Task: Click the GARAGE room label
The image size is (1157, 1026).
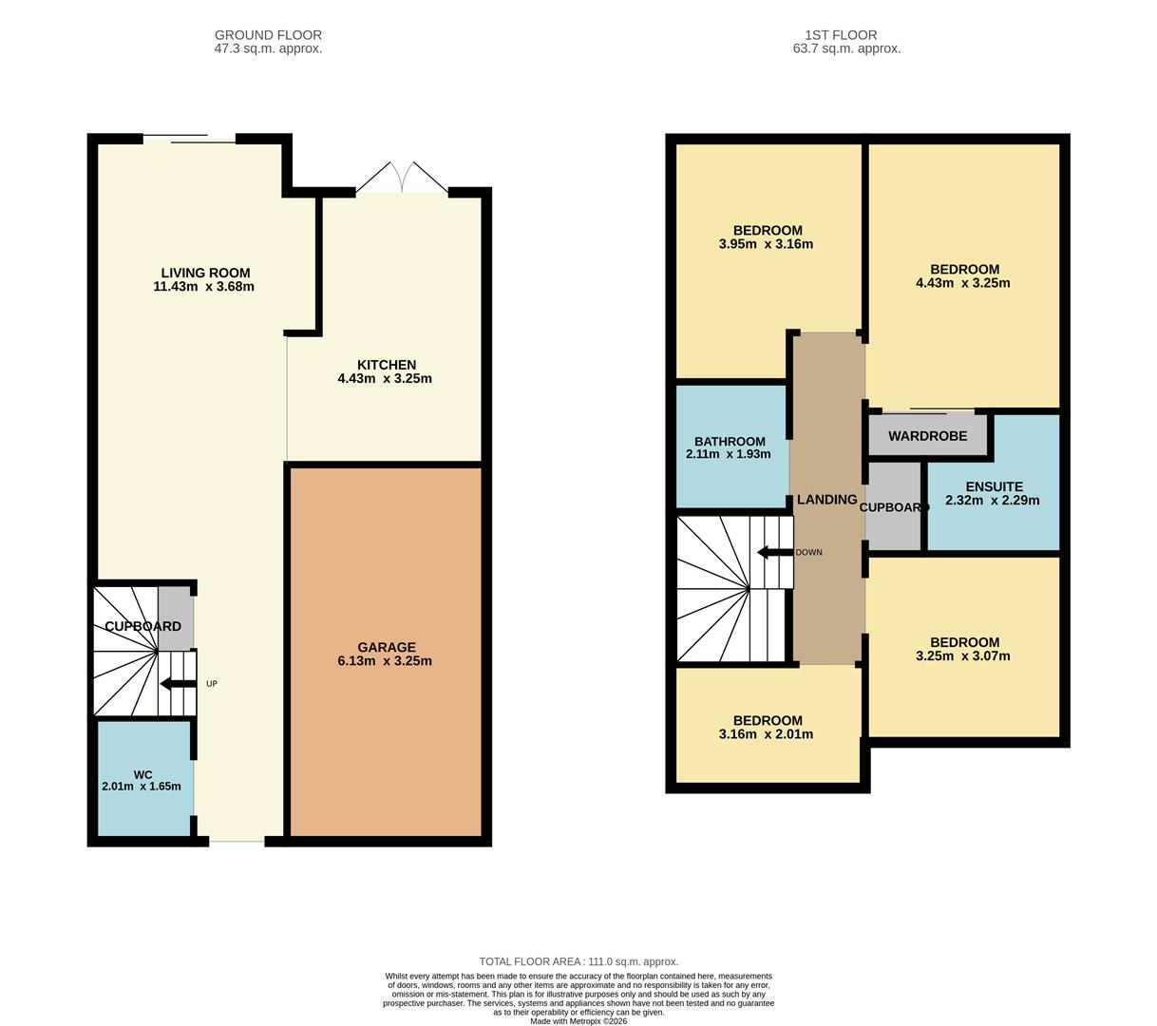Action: point(386,647)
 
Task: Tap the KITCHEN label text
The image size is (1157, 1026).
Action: point(386,365)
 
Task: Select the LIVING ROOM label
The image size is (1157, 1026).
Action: point(205,273)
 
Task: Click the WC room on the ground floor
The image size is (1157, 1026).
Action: point(142,779)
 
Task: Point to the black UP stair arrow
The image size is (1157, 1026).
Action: point(178,684)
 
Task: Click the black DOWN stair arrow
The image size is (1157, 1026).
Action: point(774,552)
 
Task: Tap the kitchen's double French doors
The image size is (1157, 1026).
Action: point(402,179)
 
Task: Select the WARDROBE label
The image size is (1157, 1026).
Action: point(927,436)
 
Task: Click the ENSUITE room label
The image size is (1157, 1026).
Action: point(994,486)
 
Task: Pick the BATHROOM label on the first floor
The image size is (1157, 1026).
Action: point(729,441)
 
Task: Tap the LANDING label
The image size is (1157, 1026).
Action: point(826,500)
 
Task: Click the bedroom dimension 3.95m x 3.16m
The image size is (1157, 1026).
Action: point(766,244)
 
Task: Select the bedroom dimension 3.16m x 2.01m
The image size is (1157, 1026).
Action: point(766,734)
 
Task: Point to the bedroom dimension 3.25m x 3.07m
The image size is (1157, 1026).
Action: point(963,656)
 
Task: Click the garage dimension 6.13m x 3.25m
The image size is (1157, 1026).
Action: point(385,661)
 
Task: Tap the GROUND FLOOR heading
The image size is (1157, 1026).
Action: point(268,35)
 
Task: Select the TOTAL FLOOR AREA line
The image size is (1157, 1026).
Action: point(578,961)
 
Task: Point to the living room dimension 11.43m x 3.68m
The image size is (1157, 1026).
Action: point(203,287)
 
